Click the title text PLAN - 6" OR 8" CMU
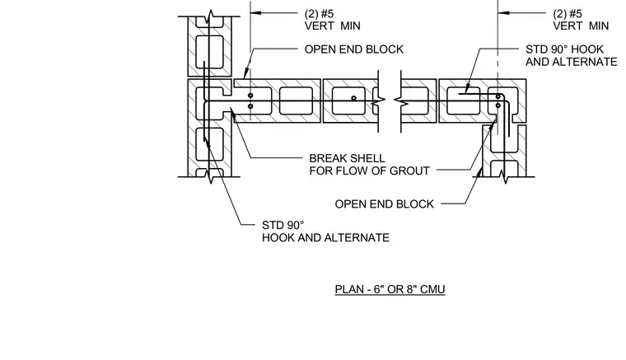[x=390, y=289]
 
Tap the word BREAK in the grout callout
[x=326, y=158]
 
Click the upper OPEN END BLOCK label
[x=353, y=49]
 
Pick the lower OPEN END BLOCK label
[x=384, y=204]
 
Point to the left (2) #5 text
[x=319, y=14]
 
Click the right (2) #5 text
[x=568, y=14]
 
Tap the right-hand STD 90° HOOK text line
[x=564, y=49]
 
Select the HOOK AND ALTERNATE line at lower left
[x=325, y=237]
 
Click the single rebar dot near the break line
[x=353, y=98]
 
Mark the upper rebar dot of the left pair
[x=250, y=96]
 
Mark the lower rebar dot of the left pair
[x=250, y=106]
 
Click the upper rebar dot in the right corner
[x=498, y=96]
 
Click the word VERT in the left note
[x=319, y=26]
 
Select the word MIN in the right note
[x=599, y=26]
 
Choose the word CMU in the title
[x=433, y=289]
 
